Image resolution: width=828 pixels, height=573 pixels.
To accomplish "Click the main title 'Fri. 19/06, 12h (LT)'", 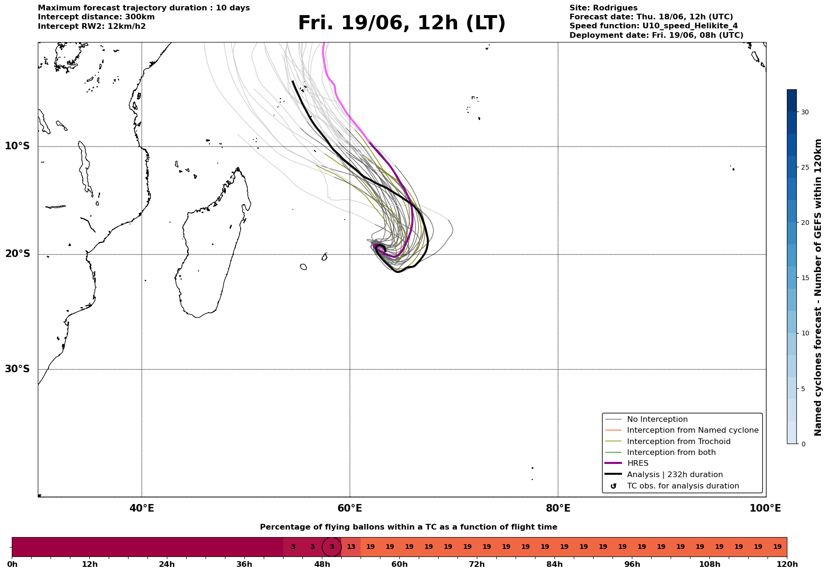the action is (x=402, y=23).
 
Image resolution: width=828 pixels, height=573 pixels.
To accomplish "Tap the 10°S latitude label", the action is (x=17, y=146).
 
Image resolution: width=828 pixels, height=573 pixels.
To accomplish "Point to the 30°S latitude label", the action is (x=17, y=369).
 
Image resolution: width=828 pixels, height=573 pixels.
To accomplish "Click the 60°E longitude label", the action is (x=350, y=508).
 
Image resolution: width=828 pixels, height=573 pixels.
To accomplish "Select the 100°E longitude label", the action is (x=765, y=508).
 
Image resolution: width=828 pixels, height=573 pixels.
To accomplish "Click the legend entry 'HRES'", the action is (x=638, y=463).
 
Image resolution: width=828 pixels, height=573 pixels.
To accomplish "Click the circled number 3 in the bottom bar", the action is (x=332, y=547).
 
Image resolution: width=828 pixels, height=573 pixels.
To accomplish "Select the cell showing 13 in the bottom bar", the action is (x=351, y=547).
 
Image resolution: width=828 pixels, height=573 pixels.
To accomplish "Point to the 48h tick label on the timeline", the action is (x=322, y=564).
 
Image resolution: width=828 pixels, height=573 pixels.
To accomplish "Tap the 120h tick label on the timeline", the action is (x=787, y=564).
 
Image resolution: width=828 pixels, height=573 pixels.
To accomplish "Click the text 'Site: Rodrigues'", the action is (x=604, y=8).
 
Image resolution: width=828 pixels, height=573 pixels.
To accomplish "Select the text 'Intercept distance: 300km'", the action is (x=96, y=17).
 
